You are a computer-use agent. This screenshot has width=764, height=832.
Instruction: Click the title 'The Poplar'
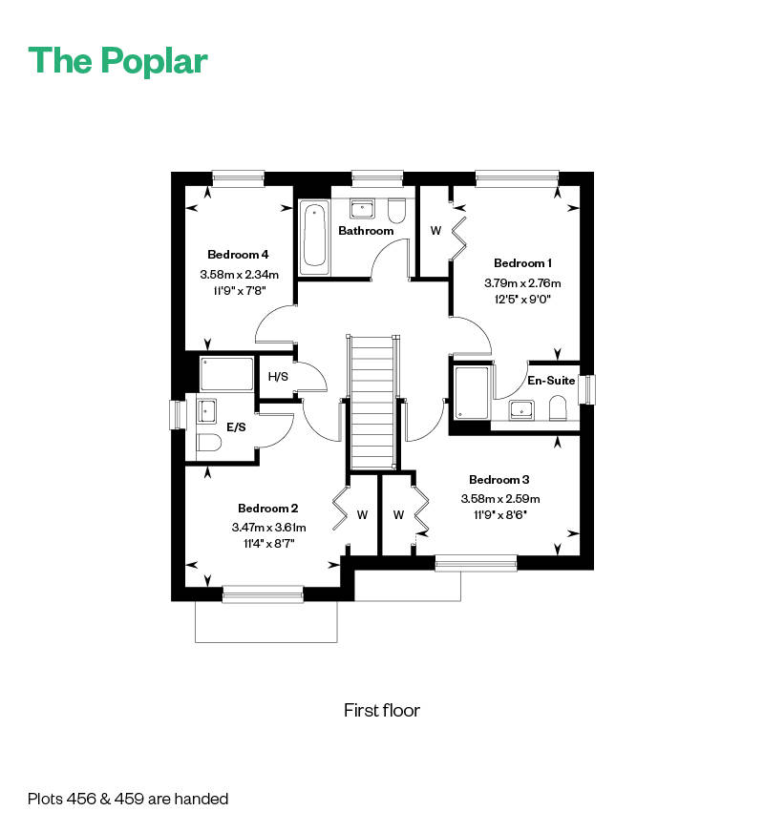click(x=118, y=60)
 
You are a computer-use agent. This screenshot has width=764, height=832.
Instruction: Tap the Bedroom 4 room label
click(x=238, y=255)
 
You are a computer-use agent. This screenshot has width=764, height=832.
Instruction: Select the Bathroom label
click(x=366, y=231)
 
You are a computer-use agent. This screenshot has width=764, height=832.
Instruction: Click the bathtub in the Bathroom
click(x=315, y=236)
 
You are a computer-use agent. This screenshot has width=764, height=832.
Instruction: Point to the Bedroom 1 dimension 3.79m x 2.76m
click(x=522, y=283)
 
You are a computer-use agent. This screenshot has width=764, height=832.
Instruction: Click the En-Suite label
click(x=551, y=380)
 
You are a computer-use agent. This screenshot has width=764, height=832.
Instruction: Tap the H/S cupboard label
click(x=278, y=377)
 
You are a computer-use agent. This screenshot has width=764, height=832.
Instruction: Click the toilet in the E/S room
click(x=209, y=442)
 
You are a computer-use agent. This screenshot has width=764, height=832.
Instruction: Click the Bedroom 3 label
click(x=499, y=480)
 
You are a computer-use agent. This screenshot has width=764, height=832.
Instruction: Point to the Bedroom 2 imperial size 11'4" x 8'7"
click(x=268, y=544)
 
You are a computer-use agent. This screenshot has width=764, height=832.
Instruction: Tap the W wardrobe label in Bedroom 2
click(x=362, y=514)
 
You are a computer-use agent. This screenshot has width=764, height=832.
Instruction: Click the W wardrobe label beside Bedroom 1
click(x=435, y=231)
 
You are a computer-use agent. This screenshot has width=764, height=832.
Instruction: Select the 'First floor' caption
click(x=382, y=711)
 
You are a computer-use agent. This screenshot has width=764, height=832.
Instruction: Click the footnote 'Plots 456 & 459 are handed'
click(x=128, y=799)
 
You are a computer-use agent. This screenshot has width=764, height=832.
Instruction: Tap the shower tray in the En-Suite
click(x=472, y=392)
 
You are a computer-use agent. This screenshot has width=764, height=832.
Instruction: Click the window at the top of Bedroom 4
click(x=238, y=176)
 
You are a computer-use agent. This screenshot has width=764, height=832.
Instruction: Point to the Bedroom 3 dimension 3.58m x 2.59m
click(x=500, y=499)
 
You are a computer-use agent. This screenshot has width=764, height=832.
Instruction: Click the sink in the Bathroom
click(x=363, y=208)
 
